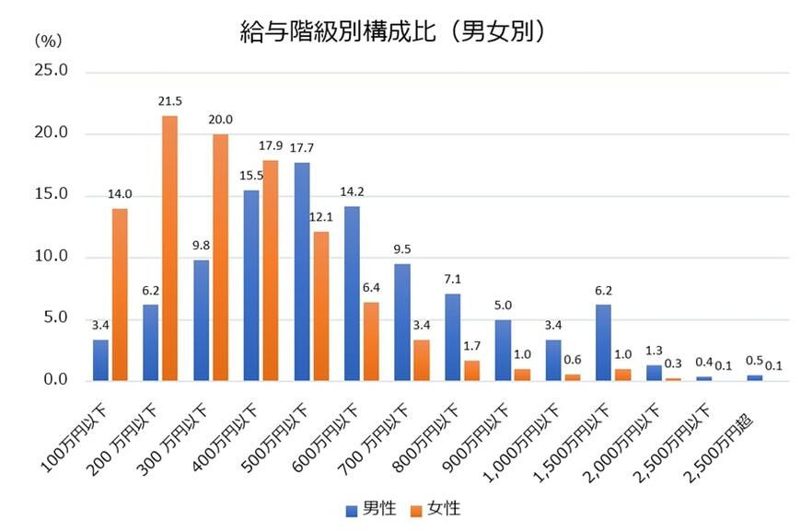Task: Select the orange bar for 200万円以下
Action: pyautogui.click(x=169, y=248)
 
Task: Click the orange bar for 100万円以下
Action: pyautogui.click(x=120, y=294)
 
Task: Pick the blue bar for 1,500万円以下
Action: pyautogui.click(x=604, y=342)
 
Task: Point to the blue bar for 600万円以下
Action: pyautogui.click(x=353, y=294)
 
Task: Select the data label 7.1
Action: pyautogui.click(x=453, y=277)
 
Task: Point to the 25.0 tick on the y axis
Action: pyautogui.click(x=52, y=72)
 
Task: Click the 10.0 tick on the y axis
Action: pyautogui.click(x=52, y=257)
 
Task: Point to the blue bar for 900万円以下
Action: pyautogui.click(x=504, y=350)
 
